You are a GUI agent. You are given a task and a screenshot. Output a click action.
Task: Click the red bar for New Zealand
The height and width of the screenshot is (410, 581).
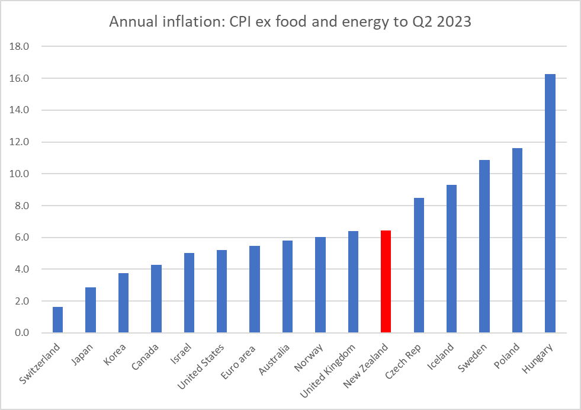click(x=386, y=281)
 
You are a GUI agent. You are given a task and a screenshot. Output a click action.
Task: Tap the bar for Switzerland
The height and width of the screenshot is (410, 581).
click(x=57, y=320)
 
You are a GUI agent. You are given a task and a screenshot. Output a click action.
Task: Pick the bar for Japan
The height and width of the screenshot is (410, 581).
click(x=91, y=310)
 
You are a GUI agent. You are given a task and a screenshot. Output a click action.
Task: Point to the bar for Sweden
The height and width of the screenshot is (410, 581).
click(x=484, y=246)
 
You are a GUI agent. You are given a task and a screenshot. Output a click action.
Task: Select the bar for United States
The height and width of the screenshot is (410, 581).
click(x=222, y=291)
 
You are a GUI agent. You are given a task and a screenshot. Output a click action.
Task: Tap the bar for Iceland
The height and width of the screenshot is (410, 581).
click(x=451, y=258)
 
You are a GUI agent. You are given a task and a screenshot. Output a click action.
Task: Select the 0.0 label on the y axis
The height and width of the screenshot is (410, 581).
click(x=23, y=333)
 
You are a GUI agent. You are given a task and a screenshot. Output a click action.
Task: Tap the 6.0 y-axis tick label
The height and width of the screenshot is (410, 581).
click(x=23, y=238)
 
